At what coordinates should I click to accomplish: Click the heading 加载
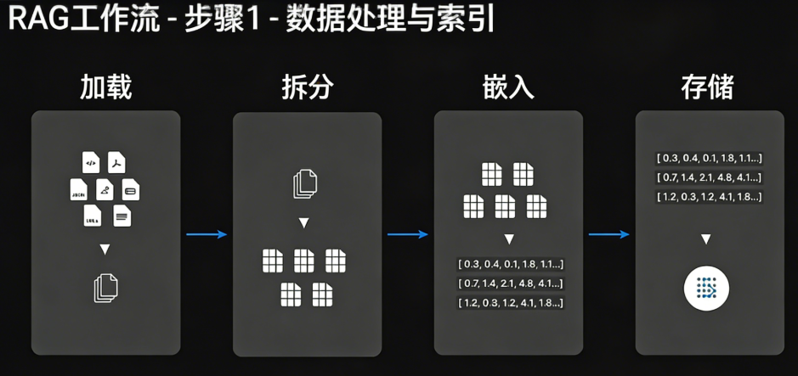coord(105,87)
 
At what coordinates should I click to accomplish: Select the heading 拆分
coord(307,87)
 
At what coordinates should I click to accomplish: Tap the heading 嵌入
coord(508,87)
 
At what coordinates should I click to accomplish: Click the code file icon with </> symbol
coord(90,162)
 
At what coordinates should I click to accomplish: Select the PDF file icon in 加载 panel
coord(119,162)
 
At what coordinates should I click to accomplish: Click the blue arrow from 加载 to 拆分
coord(207,234)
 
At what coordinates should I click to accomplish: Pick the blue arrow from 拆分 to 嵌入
coord(408,234)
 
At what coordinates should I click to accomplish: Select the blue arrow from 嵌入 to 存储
coord(609,234)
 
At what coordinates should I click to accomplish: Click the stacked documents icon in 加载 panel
coord(105,288)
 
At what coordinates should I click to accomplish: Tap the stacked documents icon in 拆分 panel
coord(305,184)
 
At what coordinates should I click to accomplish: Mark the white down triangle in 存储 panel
coord(706,239)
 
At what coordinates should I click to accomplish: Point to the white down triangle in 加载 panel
coord(105,250)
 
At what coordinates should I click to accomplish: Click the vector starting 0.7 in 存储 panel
coord(709,177)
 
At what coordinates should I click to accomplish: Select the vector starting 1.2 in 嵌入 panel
coord(510,303)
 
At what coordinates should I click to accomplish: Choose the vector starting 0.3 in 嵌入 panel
coord(510,264)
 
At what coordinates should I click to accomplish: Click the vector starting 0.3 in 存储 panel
coord(709,158)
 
